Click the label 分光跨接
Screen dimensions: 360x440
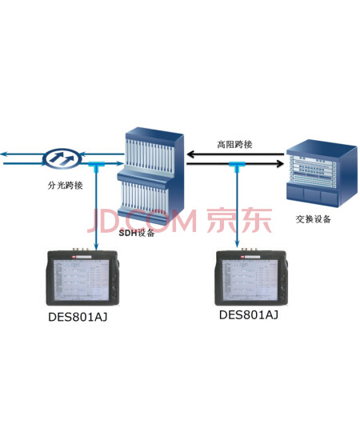[65, 186]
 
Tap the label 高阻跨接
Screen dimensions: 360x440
[234, 144]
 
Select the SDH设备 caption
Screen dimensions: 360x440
[137, 233]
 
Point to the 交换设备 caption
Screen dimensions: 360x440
[314, 219]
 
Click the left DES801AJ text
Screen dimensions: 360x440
[78, 317]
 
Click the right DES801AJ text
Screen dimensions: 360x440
[249, 315]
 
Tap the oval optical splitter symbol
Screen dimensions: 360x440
[62, 158]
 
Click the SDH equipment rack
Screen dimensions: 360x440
[150, 177]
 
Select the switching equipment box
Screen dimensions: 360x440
[322, 174]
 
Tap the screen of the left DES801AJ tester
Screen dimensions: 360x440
[82, 280]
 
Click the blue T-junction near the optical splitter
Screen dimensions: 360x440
[97, 166]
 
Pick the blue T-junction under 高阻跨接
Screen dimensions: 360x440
[237, 166]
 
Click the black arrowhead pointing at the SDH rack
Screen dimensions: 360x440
[191, 154]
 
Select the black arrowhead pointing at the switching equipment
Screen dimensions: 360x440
[280, 163]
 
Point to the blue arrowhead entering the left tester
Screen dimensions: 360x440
[97, 246]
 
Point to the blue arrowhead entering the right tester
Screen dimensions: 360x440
[237, 245]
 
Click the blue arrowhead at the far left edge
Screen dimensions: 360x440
[3, 154]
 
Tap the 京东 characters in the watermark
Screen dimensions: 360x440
[240, 220]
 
